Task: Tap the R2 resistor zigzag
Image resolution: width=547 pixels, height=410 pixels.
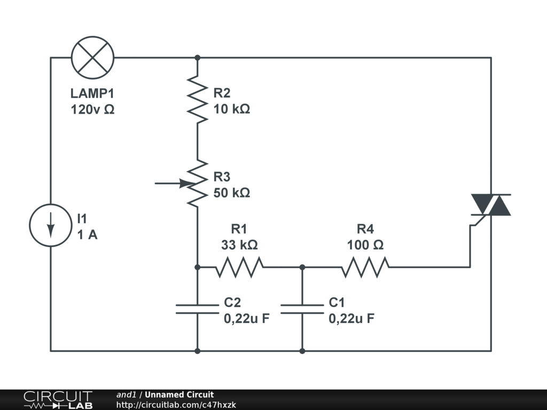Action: pos(198,99)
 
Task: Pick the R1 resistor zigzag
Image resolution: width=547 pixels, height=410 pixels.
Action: pos(239,267)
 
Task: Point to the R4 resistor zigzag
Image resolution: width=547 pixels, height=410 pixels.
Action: pos(365,267)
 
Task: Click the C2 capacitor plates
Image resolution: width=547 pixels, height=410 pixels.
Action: pos(198,309)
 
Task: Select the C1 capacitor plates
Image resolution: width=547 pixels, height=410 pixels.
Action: pos(302,309)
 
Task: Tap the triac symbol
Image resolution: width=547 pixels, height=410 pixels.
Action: pos(491,205)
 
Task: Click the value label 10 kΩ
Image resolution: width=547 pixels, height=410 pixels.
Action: pos(232,109)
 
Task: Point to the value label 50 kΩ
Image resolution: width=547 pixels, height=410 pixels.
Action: pos(232,193)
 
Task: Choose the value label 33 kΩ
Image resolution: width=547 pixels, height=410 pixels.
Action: pos(239,245)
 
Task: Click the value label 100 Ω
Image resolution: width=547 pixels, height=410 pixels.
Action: pos(365,245)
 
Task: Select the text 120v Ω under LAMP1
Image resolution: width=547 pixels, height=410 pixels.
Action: pos(92,109)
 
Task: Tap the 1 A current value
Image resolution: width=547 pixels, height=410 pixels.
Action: pos(87,235)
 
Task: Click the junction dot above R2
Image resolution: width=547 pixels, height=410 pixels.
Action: pos(198,58)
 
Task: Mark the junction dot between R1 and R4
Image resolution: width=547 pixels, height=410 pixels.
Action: pos(302,267)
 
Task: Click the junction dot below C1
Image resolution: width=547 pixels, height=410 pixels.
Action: pos(302,351)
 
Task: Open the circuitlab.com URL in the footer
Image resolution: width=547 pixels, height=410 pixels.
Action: pos(176,405)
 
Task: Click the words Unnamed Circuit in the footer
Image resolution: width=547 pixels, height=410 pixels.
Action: pos(179,395)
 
